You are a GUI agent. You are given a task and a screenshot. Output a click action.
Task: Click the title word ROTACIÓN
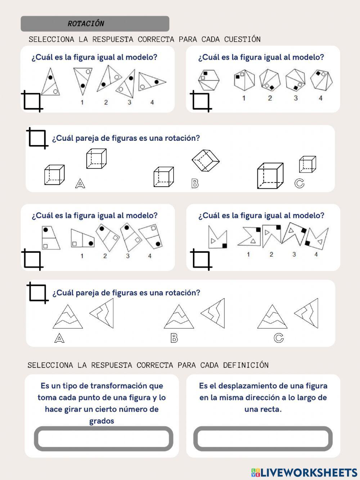point(86,24)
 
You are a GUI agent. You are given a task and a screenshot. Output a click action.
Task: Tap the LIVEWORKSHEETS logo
point(304,472)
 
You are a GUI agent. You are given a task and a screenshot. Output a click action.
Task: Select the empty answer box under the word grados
point(103,439)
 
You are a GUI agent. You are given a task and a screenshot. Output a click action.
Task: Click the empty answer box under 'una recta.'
point(263,439)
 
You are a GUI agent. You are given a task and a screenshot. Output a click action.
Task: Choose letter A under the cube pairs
point(80,184)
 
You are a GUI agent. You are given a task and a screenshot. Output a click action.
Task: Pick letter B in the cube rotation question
point(195,184)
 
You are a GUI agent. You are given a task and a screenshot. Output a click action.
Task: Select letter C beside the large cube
point(299,183)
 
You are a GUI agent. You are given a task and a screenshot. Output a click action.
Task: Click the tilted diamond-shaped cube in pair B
point(205,160)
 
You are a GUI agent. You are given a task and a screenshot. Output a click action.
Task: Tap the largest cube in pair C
point(270,176)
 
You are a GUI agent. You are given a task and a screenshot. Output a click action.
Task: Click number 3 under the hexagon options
point(296,98)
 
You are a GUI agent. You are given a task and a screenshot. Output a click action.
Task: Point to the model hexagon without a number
point(208,80)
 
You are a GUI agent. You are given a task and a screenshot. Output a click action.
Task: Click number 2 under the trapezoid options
point(105,256)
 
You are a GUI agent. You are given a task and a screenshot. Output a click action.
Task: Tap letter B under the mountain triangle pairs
point(174,338)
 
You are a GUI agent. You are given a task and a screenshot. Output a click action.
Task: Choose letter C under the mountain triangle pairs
point(278,338)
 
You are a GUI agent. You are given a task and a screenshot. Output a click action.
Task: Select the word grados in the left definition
point(102,421)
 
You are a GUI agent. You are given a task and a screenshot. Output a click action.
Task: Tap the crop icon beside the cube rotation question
point(37,138)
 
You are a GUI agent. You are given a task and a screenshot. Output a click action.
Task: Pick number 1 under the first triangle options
point(82,102)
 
